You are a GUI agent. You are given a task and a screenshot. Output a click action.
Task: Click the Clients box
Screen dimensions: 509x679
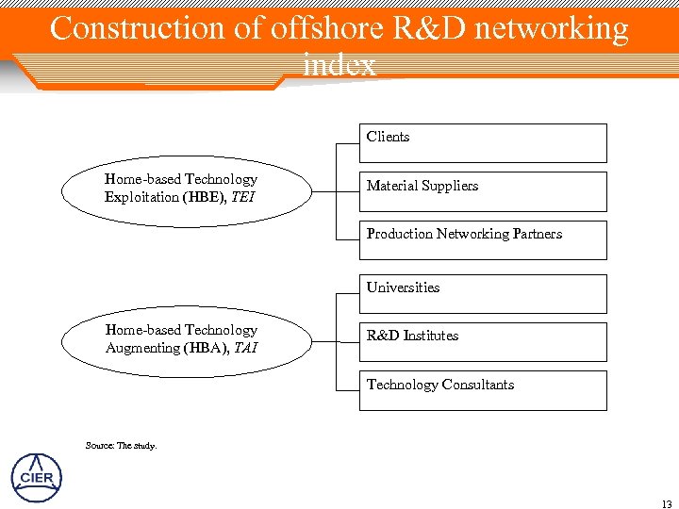483,143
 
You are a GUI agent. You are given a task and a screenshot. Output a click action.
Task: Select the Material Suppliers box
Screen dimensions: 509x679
483,191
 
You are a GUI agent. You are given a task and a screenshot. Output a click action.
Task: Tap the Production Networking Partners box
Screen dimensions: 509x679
483,239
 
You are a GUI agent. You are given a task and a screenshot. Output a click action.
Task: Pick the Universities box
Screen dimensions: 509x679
483,293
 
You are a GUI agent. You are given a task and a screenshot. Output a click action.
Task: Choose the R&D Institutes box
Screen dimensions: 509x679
483,341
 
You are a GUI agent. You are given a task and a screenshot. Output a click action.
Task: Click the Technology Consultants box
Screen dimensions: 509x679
483,390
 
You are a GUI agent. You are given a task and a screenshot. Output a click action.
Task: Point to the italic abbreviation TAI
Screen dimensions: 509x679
246,348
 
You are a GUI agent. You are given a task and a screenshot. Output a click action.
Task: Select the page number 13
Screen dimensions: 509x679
667,501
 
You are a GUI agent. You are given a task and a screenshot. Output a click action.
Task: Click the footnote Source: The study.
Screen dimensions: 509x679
121,445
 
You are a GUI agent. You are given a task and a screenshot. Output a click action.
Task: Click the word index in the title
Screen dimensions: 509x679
339,64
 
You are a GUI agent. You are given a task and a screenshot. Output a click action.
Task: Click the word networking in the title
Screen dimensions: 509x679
552,29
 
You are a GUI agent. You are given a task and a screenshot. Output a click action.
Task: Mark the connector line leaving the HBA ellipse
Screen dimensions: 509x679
324,341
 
